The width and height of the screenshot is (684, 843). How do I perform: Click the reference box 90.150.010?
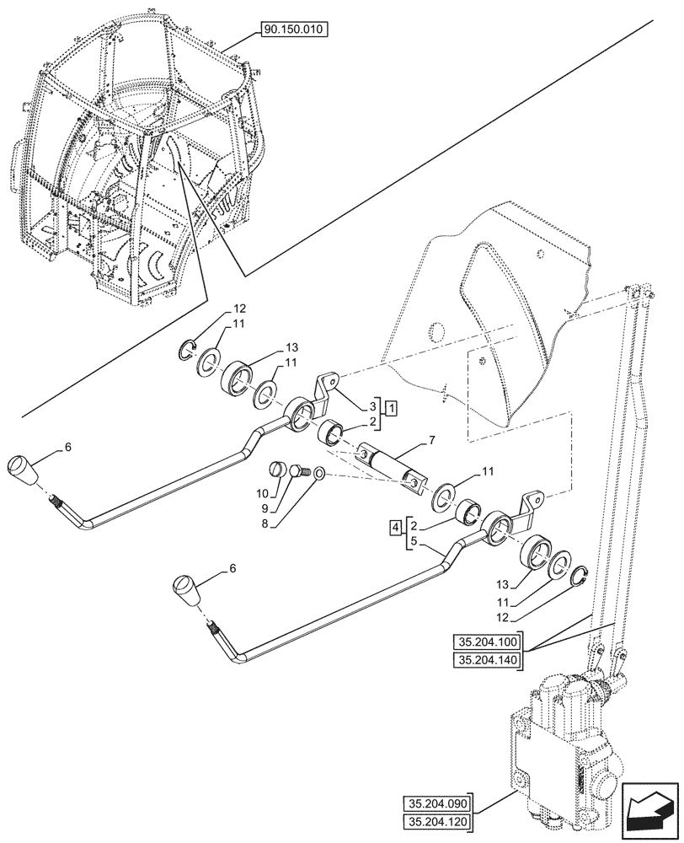click(x=296, y=29)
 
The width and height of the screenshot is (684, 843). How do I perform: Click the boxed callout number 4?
click(x=395, y=529)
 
